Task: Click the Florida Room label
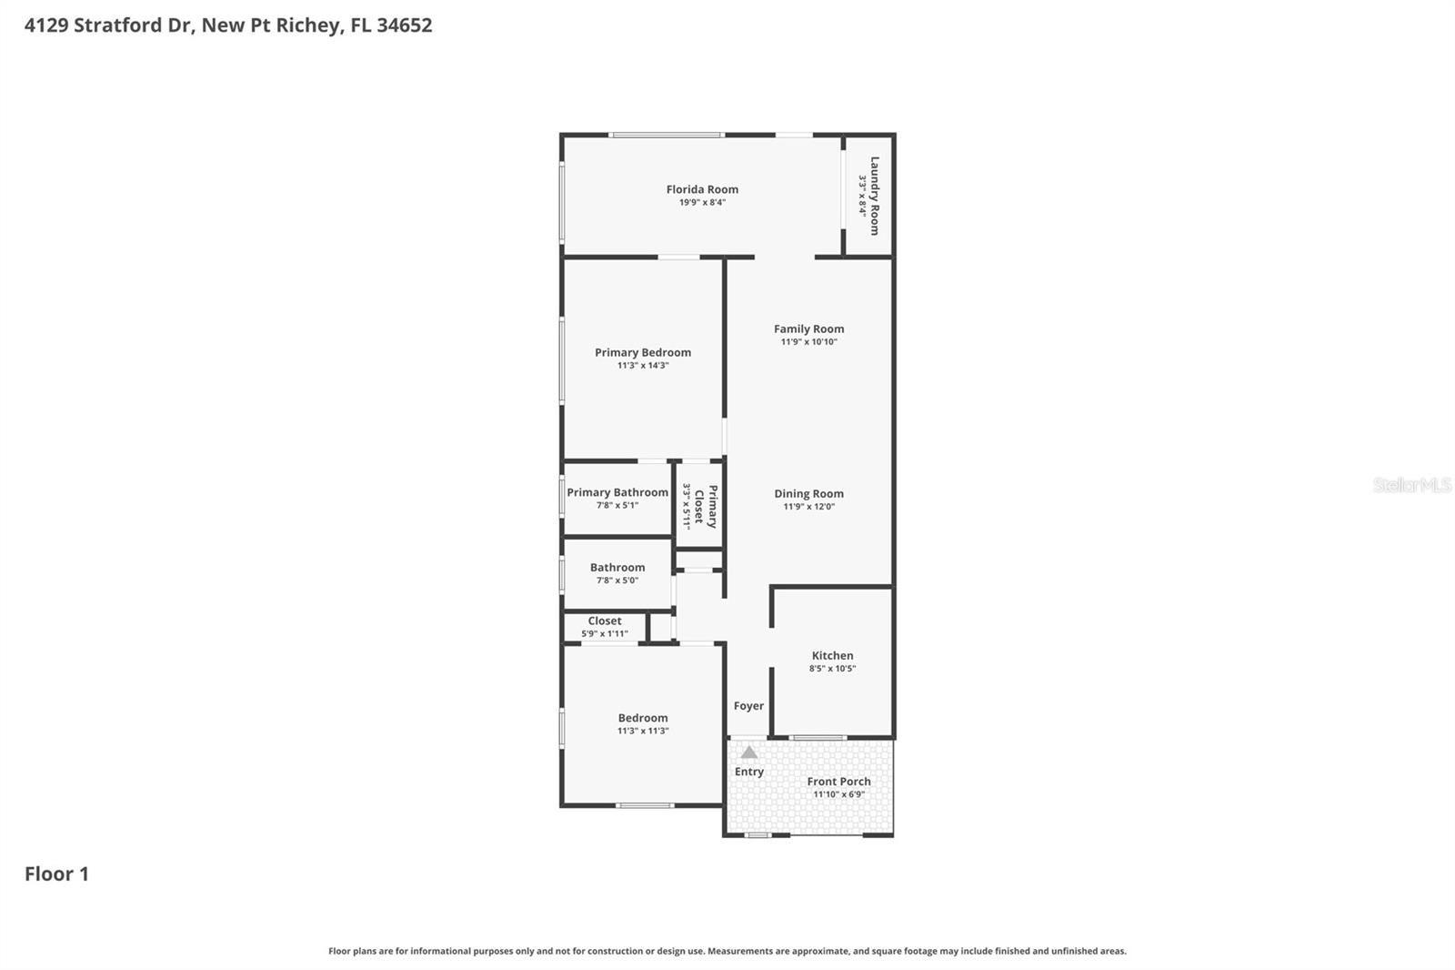[x=702, y=189]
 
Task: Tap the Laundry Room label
[x=875, y=196]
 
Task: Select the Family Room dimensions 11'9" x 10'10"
[x=808, y=342]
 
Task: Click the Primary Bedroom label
[x=643, y=352]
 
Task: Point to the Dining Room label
[x=808, y=493]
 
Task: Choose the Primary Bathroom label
[x=617, y=492]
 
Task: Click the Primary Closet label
[x=706, y=506]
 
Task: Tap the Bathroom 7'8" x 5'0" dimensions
[x=617, y=581]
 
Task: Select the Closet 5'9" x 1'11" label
[x=605, y=621]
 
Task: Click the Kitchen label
[x=832, y=655]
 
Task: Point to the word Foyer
[x=748, y=705]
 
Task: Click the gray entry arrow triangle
[x=748, y=753]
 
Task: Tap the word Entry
[x=748, y=772]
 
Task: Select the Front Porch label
[x=838, y=781]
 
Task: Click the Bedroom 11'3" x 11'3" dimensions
[x=643, y=731]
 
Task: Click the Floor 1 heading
[x=56, y=874]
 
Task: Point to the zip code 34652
[x=404, y=25]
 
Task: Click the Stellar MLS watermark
[x=1411, y=485]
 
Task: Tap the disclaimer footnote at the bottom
[x=727, y=951]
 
